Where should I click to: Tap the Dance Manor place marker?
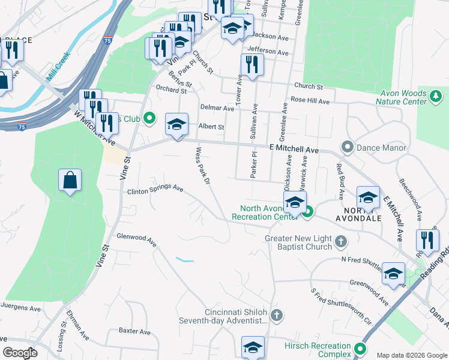coord(347,147)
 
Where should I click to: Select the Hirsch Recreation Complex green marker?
coord(360,349)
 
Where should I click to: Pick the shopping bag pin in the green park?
coord(70,180)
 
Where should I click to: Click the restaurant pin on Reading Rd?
coord(427,240)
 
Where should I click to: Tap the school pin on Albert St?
coord(176,125)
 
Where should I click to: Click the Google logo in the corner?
coord(20,353)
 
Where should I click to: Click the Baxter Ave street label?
coord(134,331)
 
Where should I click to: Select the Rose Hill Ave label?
coord(310,101)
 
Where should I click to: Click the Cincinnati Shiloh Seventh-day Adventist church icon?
coord(276,314)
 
